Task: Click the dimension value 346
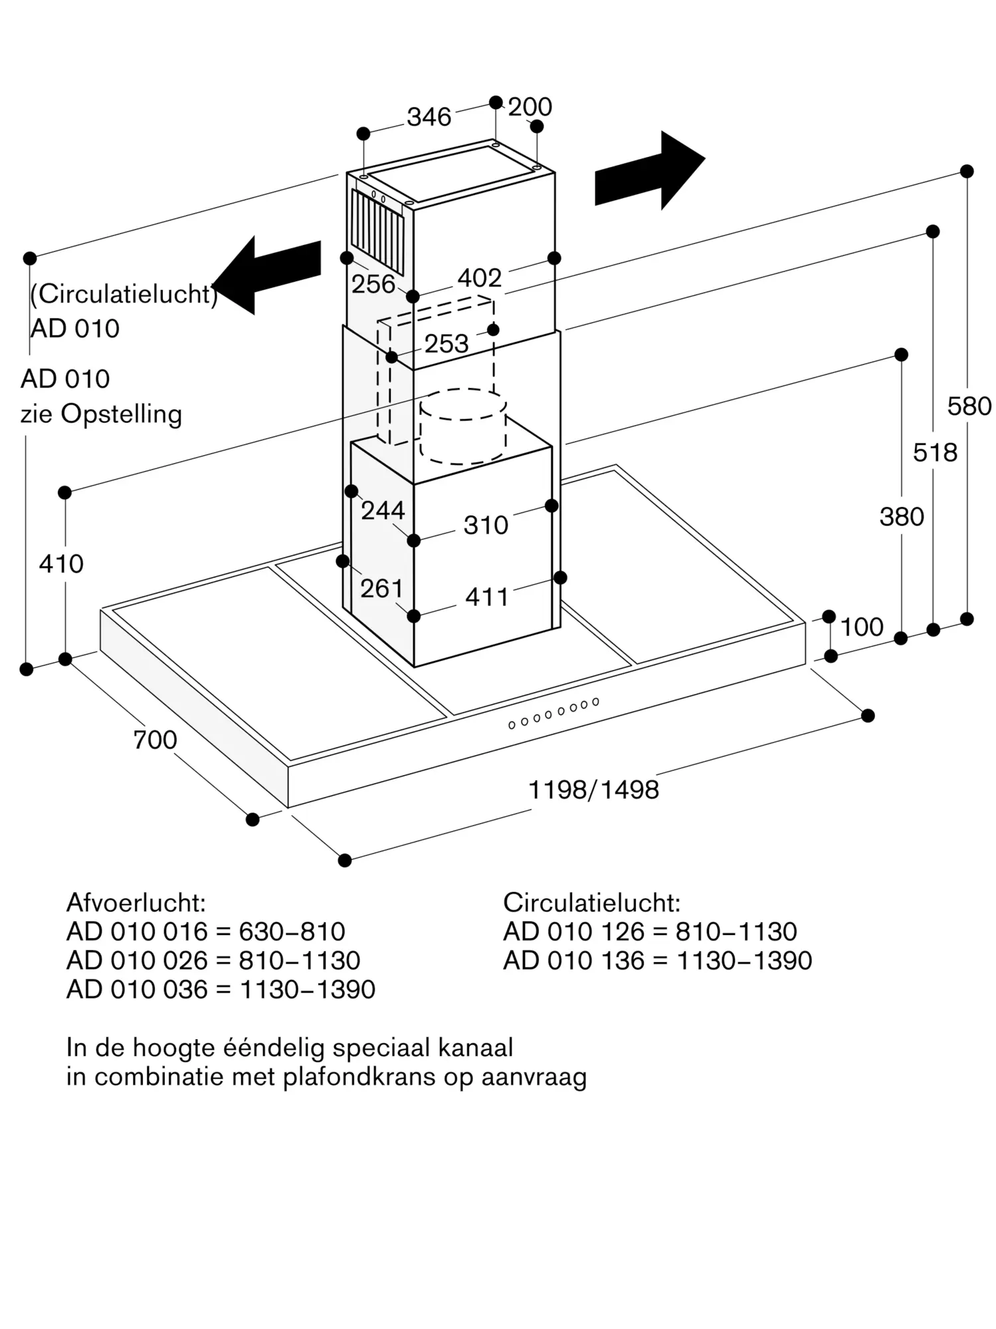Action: (429, 117)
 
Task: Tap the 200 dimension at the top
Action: (530, 107)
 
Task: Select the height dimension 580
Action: (969, 406)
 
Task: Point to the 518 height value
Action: (935, 453)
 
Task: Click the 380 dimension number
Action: (902, 516)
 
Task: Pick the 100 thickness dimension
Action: (862, 627)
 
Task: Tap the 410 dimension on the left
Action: (61, 563)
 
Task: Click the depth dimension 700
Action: (155, 740)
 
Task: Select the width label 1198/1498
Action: (593, 790)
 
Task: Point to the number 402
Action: (480, 278)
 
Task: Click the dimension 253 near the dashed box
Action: (447, 344)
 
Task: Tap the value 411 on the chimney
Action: (487, 597)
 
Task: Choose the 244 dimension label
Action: (383, 510)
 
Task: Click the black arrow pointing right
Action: (649, 171)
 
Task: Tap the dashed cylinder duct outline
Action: (463, 426)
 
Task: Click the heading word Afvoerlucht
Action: (136, 902)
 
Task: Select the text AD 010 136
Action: (574, 960)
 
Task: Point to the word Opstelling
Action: (122, 415)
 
